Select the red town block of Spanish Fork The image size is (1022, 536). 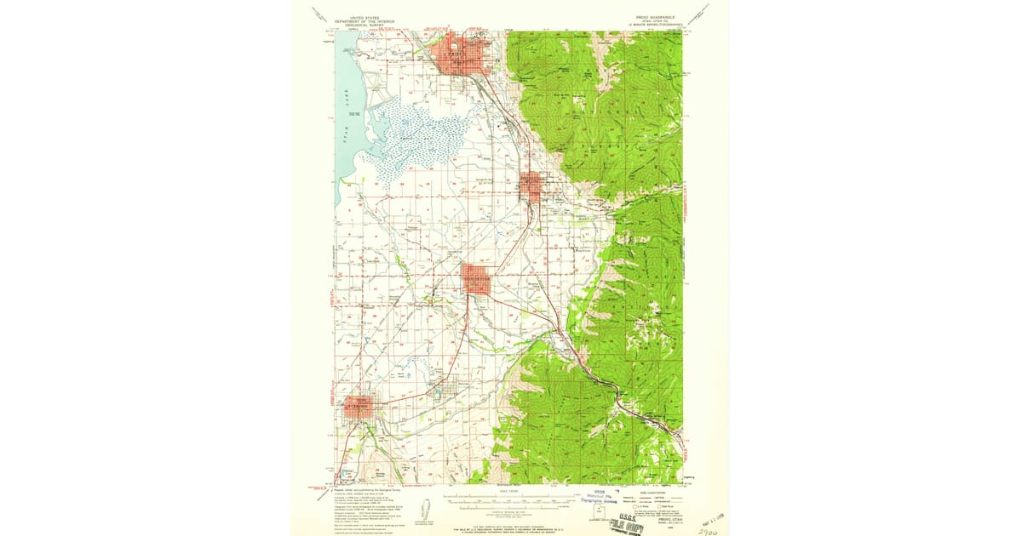(x=477, y=279)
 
